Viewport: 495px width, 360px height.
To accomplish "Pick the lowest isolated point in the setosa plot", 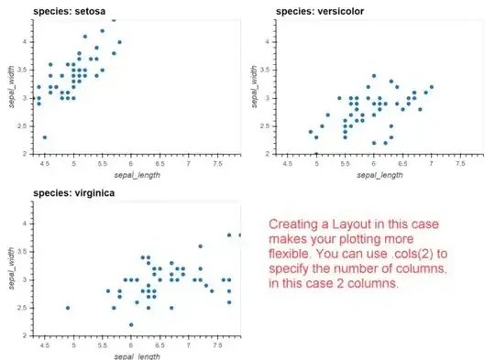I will tap(44, 137).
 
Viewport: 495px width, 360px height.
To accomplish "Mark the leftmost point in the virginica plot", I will tap(67, 308).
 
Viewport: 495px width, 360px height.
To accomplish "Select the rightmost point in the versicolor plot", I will tap(431, 87).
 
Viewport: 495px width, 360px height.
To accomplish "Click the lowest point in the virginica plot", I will tap(131, 324).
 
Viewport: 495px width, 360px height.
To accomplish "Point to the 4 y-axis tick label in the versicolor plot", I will tap(267, 41).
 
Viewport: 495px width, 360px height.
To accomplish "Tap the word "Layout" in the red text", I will tap(345, 224).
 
